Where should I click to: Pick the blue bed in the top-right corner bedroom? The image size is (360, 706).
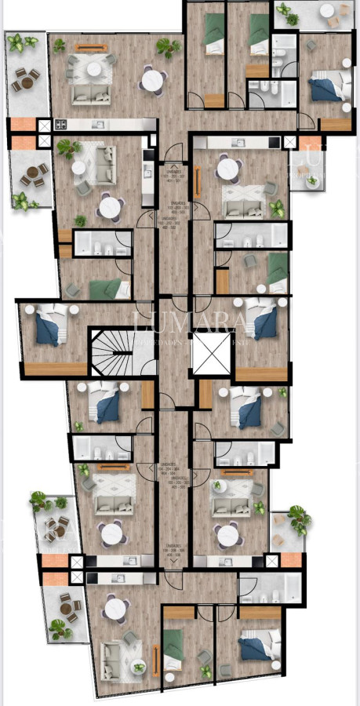(x=323, y=89)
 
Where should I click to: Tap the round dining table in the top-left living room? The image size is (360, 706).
(x=154, y=79)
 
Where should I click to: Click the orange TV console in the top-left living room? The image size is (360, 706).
(x=93, y=48)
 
